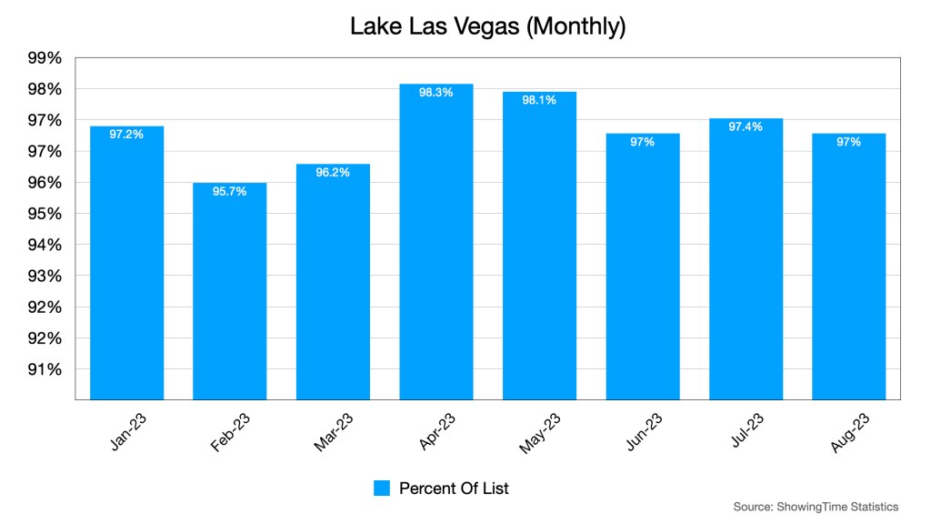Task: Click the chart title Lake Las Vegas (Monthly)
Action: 488,26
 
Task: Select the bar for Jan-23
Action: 126,264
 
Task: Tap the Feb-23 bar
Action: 229,291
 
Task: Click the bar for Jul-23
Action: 746,259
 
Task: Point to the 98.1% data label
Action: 539,101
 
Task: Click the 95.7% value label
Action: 229,192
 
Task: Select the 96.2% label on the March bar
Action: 333,172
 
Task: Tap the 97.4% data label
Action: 746,126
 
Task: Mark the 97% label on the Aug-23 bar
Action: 849,142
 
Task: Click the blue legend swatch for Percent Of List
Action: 382,489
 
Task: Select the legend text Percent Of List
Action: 454,489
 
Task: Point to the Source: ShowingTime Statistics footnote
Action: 816,507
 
